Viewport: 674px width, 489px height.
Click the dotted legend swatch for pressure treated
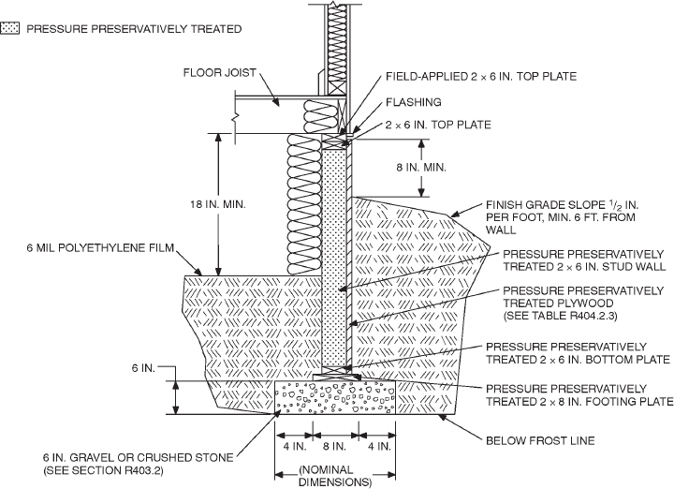click(x=12, y=29)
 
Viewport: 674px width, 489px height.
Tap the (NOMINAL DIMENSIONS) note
click(x=334, y=477)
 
